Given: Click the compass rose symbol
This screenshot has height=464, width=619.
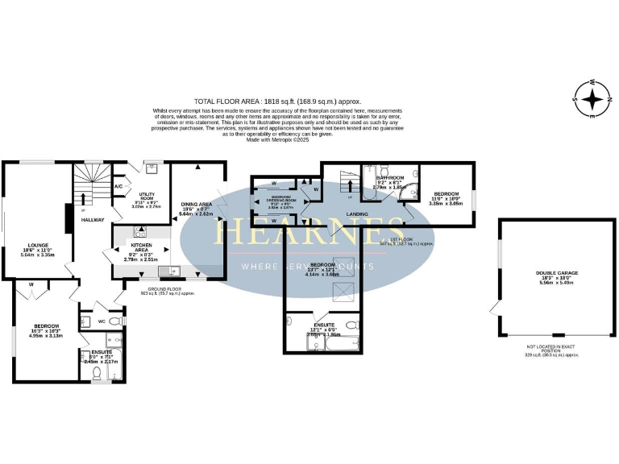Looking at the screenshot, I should tap(593, 100).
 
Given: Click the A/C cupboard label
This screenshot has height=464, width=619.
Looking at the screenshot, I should tap(118, 186).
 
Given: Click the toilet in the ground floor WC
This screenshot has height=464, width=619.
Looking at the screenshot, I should tap(115, 321).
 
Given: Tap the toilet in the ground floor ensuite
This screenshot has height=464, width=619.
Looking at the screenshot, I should tap(98, 372).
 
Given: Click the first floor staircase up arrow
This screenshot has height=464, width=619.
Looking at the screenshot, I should tap(348, 184).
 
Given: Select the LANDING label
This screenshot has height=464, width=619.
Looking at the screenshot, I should tap(357, 214).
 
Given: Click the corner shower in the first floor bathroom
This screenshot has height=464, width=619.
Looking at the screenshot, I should tap(412, 193).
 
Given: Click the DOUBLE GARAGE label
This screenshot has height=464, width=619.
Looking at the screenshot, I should tap(557, 273).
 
